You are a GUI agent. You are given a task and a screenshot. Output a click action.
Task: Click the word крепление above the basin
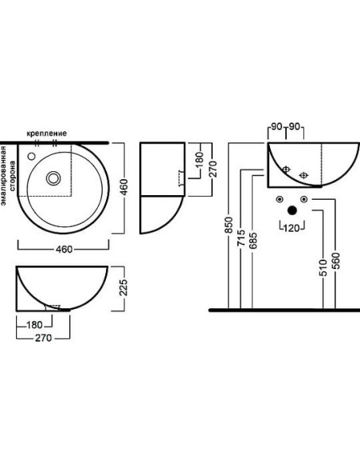click(x=46, y=134)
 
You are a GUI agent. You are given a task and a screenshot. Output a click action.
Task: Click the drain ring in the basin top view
click(x=53, y=178)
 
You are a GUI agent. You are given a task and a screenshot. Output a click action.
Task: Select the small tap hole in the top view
click(x=31, y=156)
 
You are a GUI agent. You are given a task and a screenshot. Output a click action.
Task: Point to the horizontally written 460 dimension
click(x=64, y=249)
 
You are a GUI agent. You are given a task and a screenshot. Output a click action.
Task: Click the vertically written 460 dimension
click(x=124, y=187)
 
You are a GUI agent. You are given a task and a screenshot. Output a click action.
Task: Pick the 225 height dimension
click(x=123, y=287)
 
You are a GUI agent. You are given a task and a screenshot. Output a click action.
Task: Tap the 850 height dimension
click(x=229, y=225)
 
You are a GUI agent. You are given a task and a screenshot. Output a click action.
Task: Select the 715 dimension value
click(x=241, y=237)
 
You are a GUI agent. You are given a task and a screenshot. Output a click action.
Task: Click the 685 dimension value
click(x=253, y=240)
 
